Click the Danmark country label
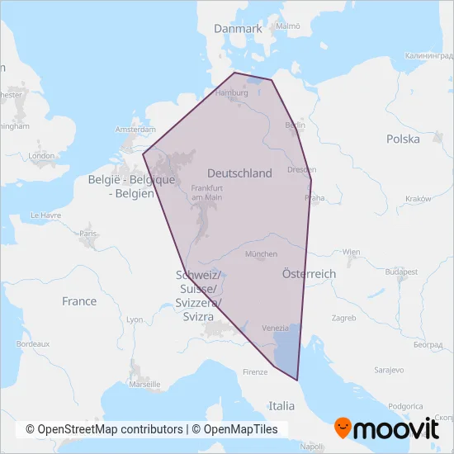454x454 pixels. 238,28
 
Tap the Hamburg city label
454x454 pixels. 231,93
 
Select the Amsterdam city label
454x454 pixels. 136,130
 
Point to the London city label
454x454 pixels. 41,155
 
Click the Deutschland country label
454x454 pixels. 239,173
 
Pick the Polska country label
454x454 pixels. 403,139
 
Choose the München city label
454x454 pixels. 262,254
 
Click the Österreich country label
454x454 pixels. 309,273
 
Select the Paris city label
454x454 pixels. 88,234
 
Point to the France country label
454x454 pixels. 79,301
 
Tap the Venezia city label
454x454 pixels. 275,328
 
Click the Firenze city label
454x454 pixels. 256,372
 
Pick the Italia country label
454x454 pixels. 281,406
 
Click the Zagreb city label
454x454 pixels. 343,318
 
